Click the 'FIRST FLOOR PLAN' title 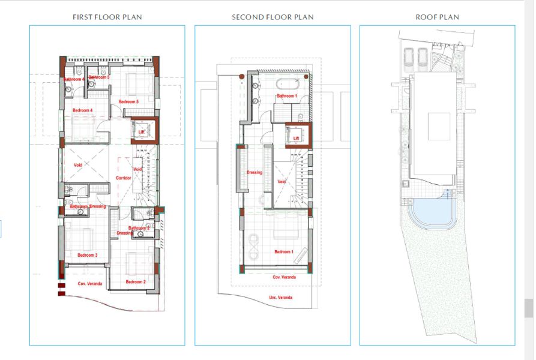[x=107, y=17]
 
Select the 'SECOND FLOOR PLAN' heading [x=273, y=17]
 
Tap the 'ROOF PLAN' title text [x=437, y=17]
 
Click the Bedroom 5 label [x=128, y=102]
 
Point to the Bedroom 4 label [x=82, y=110]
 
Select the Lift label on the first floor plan [x=142, y=131]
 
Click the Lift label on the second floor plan [x=296, y=139]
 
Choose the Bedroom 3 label [x=87, y=255]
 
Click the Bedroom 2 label [x=136, y=282]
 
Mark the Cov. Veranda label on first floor [x=89, y=283]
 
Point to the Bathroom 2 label [x=139, y=228]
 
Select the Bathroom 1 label [x=286, y=96]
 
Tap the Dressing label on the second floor [x=254, y=173]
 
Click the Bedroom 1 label [x=284, y=251]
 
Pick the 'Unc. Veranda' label [x=280, y=298]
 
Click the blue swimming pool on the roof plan [x=430, y=211]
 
